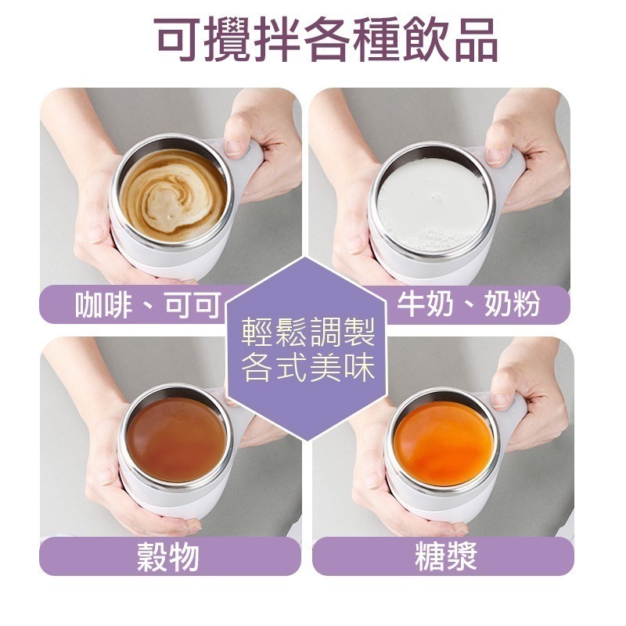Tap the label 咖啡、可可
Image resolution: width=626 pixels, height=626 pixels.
(x=148, y=304)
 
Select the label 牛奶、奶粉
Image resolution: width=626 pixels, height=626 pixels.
(x=468, y=304)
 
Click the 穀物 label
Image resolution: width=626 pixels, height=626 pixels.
(x=168, y=556)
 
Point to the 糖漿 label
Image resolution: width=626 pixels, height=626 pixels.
(x=445, y=556)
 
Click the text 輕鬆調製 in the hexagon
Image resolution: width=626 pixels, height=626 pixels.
(x=308, y=332)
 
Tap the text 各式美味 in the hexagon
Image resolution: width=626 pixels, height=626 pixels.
(x=308, y=367)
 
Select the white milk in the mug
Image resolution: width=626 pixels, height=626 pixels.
(x=433, y=203)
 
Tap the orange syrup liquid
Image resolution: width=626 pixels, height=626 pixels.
(x=443, y=443)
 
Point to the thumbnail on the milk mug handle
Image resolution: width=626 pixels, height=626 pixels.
(x=495, y=157)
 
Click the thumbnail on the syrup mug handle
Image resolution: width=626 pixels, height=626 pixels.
(x=501, y=401)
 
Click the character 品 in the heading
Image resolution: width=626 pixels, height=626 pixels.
(x=477, y=40)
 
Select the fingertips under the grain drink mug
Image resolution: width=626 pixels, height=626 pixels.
(x=188, y=526)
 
